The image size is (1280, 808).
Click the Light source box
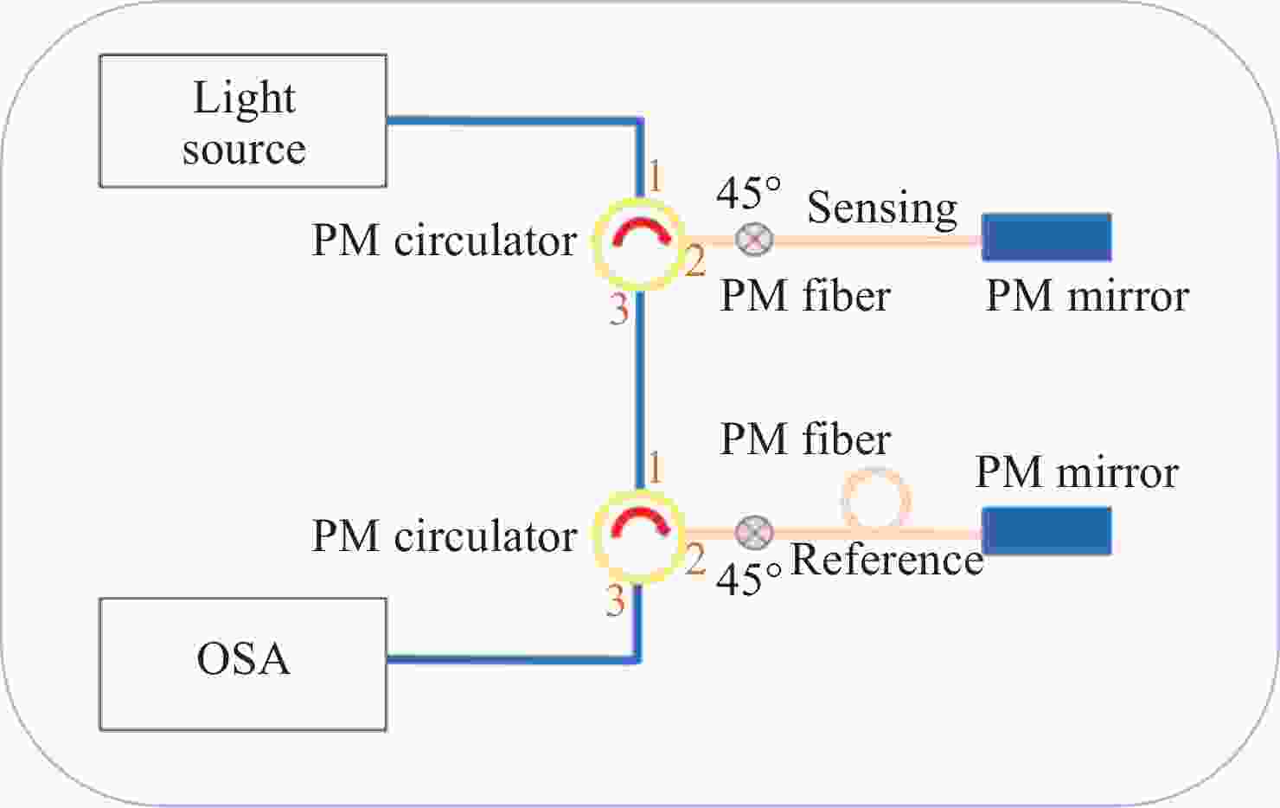(243, 121)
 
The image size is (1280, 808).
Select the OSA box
(243, 664)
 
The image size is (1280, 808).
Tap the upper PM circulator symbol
(639, 243)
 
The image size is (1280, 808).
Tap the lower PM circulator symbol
(639, 536)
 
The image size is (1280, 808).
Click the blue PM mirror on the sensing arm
(1046, 237)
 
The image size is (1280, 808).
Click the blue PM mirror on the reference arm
(1046, 530)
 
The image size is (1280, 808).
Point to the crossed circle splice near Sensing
(753, 239)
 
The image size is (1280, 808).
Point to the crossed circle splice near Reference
(753, 532)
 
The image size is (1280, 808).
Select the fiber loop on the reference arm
(875, 501)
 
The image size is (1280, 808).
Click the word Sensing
(882, 208)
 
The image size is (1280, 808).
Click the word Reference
(887, 560)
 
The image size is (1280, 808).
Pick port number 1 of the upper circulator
(656, 177)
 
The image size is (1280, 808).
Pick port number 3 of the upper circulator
(618, 309)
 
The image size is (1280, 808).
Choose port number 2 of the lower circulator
(694, 560)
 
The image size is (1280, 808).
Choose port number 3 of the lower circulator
(615, 600)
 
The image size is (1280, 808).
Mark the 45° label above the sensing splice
(748, 192)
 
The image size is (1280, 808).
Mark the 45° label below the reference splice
(748, 579)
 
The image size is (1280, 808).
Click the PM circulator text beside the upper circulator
(444, 240)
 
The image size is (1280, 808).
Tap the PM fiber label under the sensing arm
(805, 296)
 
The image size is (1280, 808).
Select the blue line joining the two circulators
(639, 389)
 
